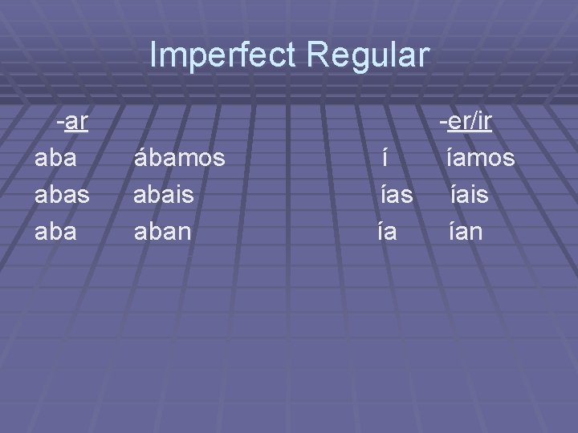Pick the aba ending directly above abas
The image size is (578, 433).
(56, 159)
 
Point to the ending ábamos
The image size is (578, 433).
(178, 159)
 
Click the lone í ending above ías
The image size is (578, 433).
(386, 159)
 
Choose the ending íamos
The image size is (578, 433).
(481, 159)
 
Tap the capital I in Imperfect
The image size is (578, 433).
(154, 55)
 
